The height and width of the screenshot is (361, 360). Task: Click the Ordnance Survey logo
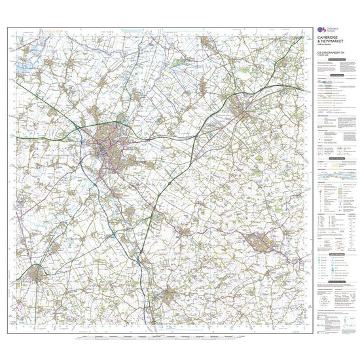[x=320, y=30]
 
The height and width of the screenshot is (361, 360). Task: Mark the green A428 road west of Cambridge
[x=46, y=138]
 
